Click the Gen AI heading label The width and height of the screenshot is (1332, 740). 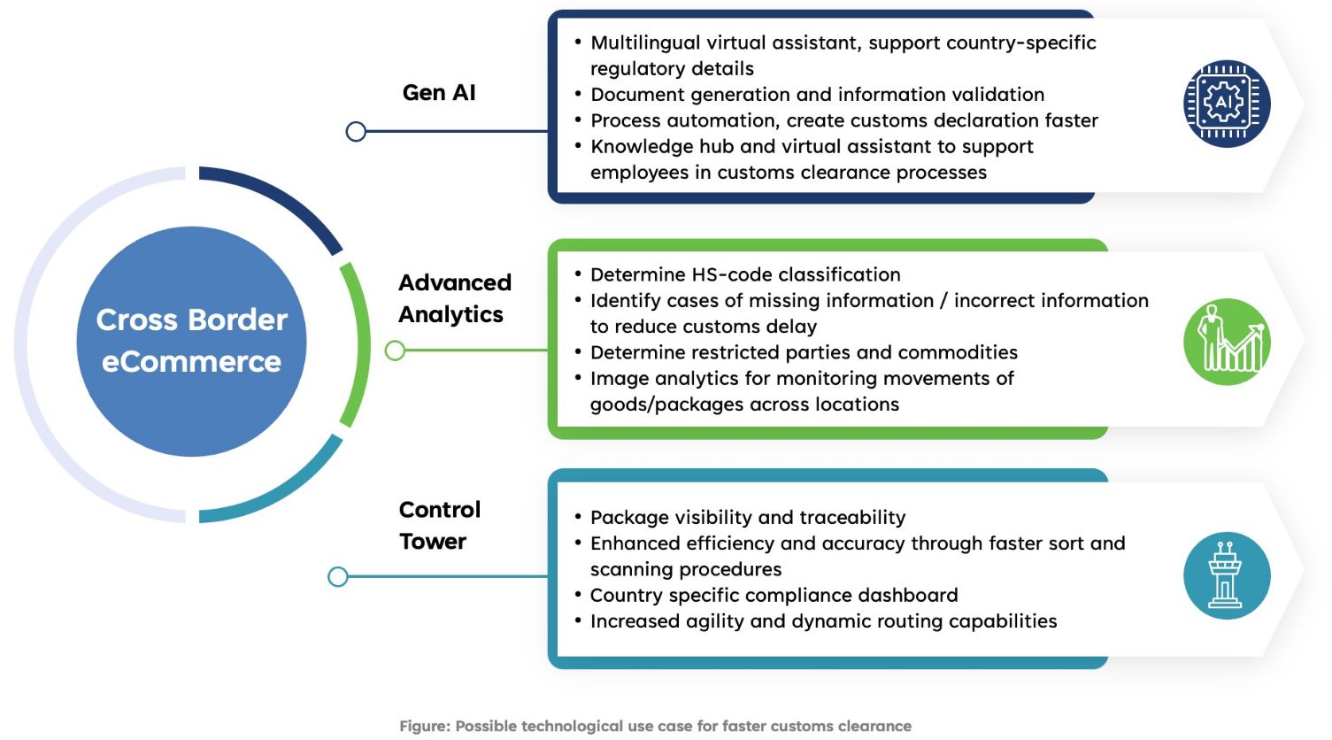coord(439,93)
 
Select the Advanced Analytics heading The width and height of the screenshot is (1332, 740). coord(455,298)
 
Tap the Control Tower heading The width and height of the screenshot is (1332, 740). coord(440,525)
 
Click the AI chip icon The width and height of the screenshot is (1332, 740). coord(1227,104)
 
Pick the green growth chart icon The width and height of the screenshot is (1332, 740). coord(1227,342)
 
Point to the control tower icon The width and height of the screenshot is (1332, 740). coord(1227,575)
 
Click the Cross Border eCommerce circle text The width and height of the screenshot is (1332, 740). coord(192,341)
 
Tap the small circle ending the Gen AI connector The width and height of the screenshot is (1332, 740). coord(356,132)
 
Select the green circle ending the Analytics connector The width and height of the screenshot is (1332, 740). coord(395,351)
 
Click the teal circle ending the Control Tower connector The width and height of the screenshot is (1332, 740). coord(338,577)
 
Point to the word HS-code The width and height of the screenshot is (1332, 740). coord(728,274)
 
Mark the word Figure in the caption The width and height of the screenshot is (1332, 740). coord(424,726)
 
